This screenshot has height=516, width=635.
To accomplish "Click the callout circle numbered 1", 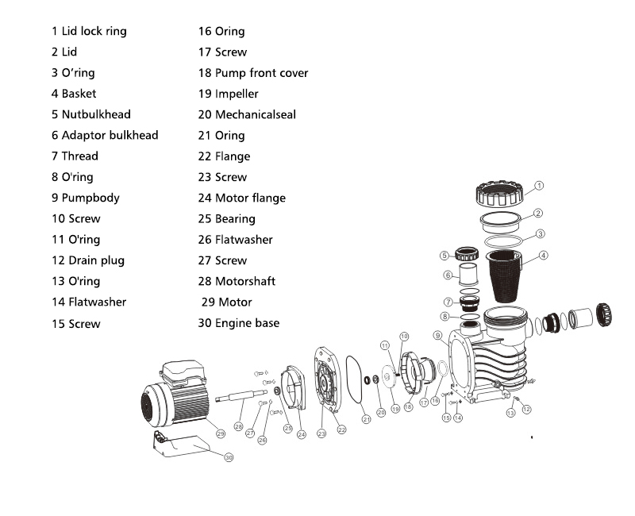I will pos(539,185).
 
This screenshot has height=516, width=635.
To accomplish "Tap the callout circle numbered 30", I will pos(229,457).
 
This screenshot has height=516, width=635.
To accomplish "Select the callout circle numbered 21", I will pos(367,418).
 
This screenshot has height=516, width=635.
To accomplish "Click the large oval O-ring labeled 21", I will pos(355,380).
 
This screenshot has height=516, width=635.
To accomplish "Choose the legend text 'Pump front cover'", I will pos(261,73).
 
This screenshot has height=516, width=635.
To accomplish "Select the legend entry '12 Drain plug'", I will pos(88,260).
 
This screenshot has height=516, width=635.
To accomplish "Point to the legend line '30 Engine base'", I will pos(239,322).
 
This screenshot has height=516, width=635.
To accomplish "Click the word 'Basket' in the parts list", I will pos(79,94).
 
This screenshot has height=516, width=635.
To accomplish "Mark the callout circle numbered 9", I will pos(437,336).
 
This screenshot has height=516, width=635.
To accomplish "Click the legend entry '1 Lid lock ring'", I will pos(89,31).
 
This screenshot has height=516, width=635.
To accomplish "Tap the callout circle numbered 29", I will pos(221,433).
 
